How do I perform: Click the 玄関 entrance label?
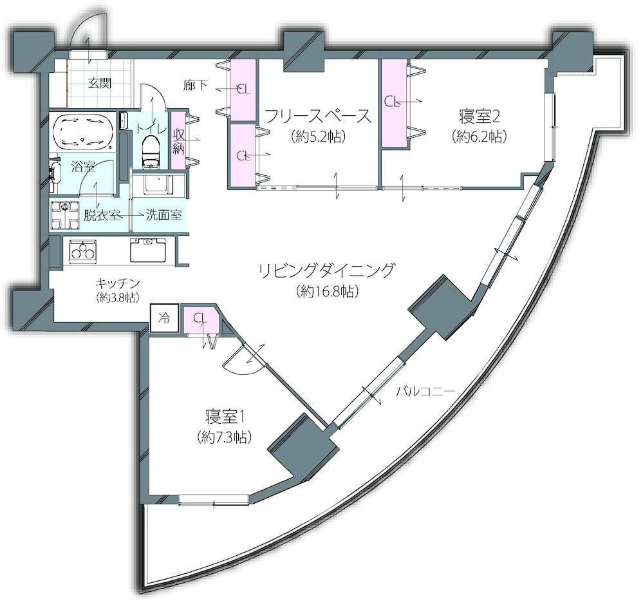(100, 83)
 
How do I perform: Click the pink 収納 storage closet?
(178, 140)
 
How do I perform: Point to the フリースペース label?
(318, 117)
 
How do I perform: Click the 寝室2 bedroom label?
(479, 117)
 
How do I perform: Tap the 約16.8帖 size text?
(327, 291)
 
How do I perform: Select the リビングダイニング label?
(327, 271)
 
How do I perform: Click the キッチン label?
(118, 283)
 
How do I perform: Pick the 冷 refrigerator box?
(164, 318)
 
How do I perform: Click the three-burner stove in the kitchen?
(83, 251)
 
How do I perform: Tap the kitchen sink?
(148, 250)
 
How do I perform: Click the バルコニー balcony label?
(425, 391)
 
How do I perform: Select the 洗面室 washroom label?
(164, 215)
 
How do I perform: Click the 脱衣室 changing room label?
(102, 215)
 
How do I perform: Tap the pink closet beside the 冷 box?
(200, 319)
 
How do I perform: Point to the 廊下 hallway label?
(195, 85)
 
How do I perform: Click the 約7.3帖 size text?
(224, 437)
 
